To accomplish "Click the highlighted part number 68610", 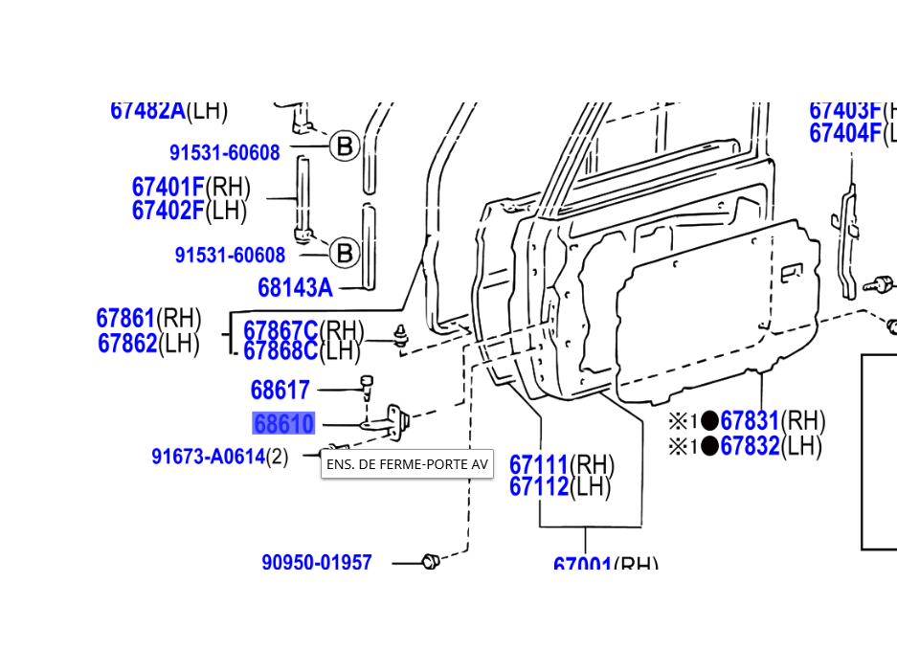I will (x=283, y=424).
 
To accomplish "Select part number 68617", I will (x=280, y=391).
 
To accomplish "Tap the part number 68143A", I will (x=295, y=287).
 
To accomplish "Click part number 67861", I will (x=125, y=318).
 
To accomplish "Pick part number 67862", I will (x=127, y=343).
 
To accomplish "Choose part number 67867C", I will (x=280, y=331).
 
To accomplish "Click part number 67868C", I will (x=280, y=351).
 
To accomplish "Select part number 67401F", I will (x=168, y=186).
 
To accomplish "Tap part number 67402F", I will (x=168, y=211).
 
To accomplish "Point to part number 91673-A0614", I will (x=208, y=457).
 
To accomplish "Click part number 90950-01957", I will (x=317, y=562).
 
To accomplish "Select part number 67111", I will (x=539, y=465).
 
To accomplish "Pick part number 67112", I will (x=539, y=487).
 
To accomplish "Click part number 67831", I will (x=750, y=421).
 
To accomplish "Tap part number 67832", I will (x=750, y=446).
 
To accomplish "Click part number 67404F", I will (x=844, y=133).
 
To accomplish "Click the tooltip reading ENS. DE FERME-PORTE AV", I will (x=407, y=464).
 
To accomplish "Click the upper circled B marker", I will (x=344, y=146).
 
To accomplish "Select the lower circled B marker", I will (x=344, y=254).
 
